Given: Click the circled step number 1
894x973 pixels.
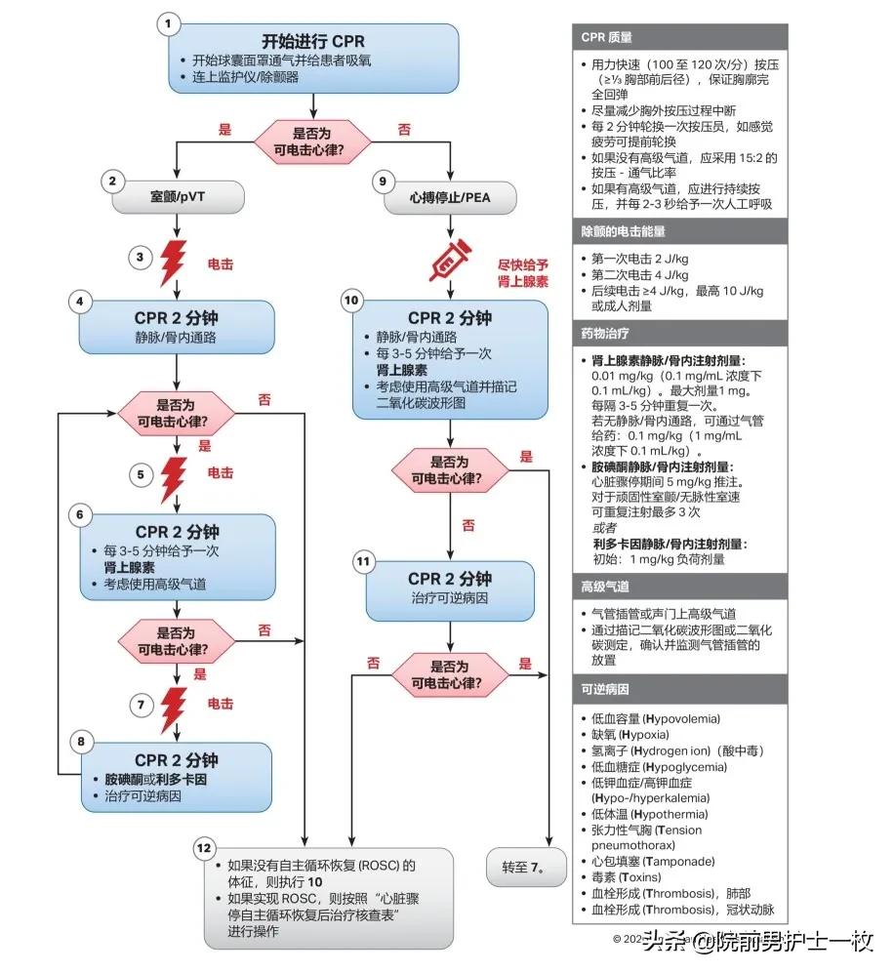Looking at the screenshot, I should [170, 22].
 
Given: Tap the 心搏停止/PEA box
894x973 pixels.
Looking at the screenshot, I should [450, 197].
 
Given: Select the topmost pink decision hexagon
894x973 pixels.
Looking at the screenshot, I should [312, 140].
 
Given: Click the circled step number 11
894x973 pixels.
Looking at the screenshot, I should [363, 561].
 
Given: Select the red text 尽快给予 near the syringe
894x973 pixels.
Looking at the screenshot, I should [523, 264].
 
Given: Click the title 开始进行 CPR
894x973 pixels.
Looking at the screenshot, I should [312, 41].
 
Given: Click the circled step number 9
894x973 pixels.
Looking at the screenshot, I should [382, 181].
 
